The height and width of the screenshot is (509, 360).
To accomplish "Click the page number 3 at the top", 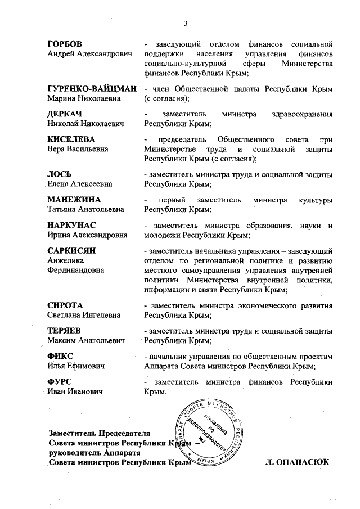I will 185,23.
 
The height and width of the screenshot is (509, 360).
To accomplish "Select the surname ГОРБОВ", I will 65,44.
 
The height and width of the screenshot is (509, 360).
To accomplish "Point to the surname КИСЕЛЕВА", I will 71,139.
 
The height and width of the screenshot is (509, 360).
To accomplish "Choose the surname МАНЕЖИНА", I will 74,200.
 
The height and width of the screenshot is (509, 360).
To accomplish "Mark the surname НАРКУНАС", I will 73,225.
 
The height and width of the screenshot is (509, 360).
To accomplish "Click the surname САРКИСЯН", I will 73,250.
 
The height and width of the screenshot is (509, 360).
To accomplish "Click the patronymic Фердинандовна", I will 76,270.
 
